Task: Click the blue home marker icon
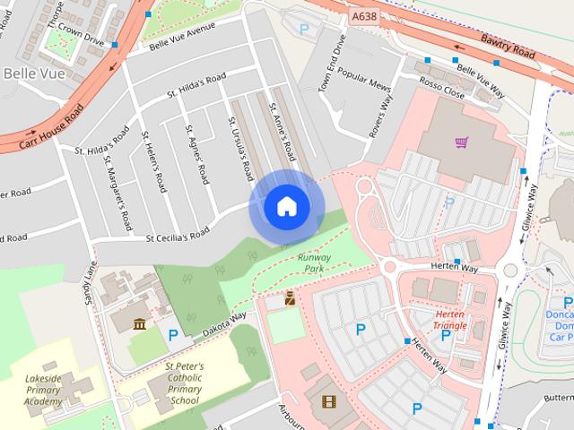coord(286,207)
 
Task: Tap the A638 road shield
coord(364,16)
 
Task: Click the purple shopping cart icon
coord(461,141)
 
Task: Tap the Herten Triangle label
coord(449,320)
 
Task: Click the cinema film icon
coord(328,401)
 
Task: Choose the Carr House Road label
coord(42,125)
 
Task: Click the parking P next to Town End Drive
coord(304,30)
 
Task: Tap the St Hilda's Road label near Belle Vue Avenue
coord(196,88)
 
